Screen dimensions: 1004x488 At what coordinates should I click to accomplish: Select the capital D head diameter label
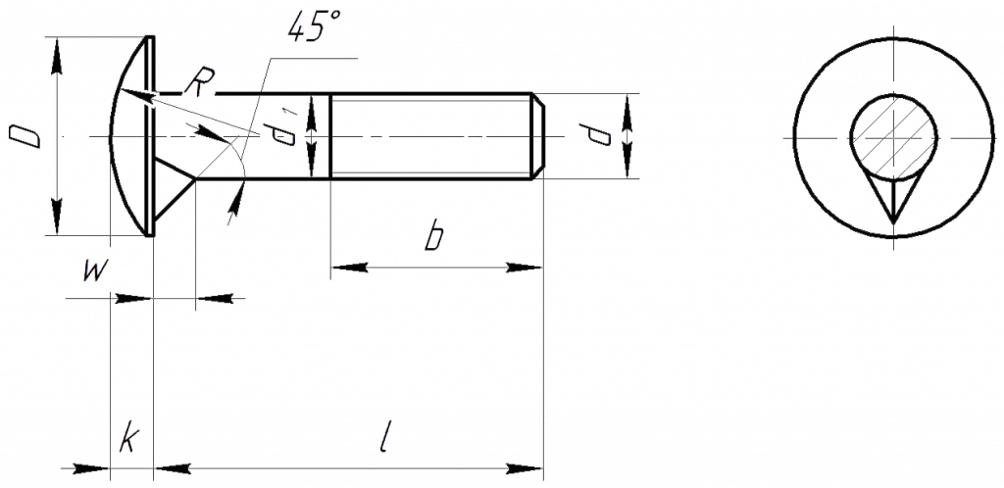tap(25, 136)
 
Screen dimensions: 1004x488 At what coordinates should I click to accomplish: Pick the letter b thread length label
tap(433, 236)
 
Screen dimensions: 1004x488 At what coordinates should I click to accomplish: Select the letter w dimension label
tap(94, 271)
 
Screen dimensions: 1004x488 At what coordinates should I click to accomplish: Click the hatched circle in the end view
tap(893, 137)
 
